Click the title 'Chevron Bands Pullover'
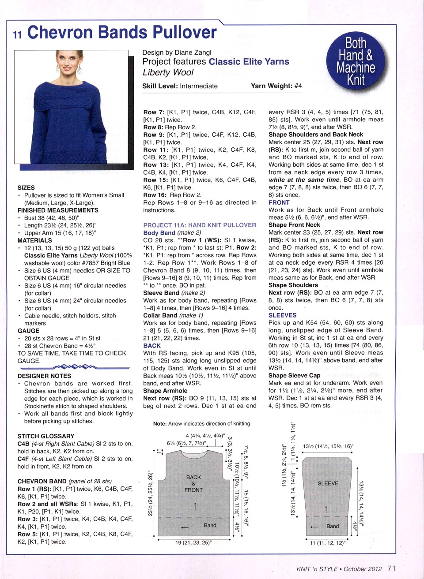tap(121, 33)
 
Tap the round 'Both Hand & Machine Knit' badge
tap(356, 61)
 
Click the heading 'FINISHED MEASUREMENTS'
tap(58, 210)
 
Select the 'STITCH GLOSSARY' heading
tap(46, 436)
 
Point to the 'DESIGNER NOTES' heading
tap(44, 376)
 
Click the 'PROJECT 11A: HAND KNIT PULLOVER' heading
tap(200, 225)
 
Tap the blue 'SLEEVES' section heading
tap(282, 315)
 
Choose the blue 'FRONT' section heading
tap(279, 202)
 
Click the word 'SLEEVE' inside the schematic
tap(328, 483)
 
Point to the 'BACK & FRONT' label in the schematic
tap(193, 483)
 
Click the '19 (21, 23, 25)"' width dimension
tap(193, 542)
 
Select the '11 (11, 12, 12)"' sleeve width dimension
tap(328, 543)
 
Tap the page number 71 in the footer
tap(391, 568)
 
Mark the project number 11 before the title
tap(17, 35)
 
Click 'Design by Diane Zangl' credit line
tap(177, 52)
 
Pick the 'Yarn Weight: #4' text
tap(276, 86)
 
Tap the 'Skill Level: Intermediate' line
tap(180, 86)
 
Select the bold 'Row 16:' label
tap(155, 195)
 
